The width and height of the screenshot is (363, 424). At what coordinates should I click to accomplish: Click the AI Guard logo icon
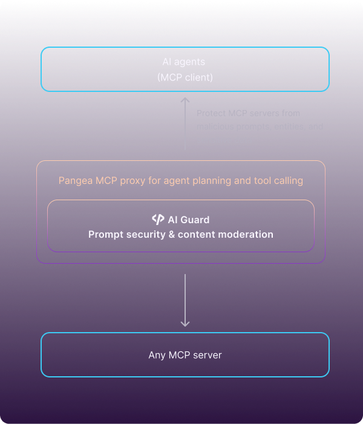pos(158,220)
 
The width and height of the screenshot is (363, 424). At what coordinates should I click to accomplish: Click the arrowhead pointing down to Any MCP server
pos(185,323)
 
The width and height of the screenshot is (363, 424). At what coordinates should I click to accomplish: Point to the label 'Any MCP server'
pos(185,355)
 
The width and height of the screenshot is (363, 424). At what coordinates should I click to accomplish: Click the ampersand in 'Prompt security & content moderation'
pos(172,234)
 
